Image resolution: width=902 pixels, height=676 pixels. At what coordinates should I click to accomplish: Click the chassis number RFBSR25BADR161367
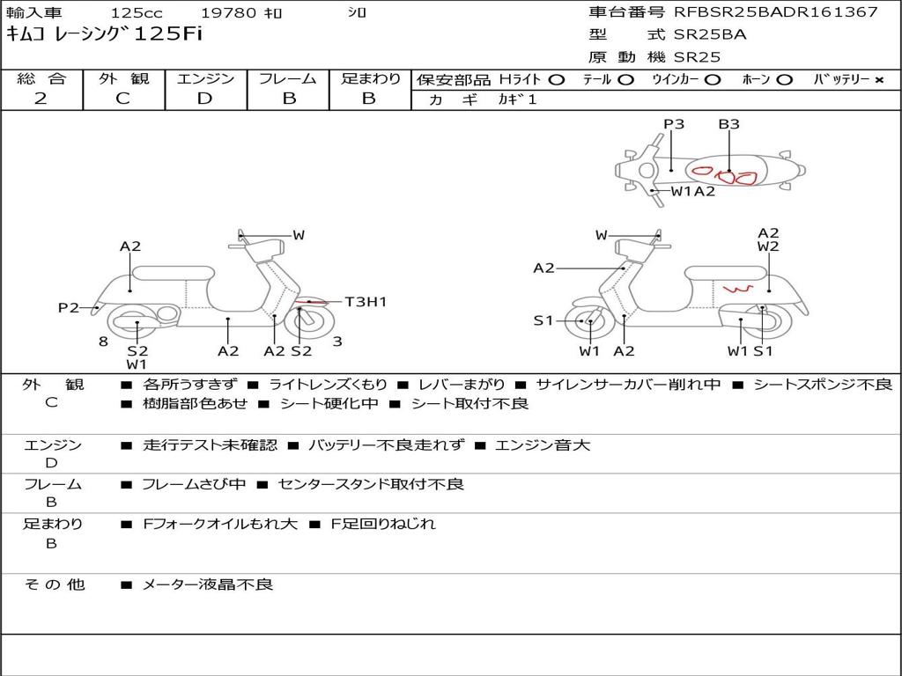pyautogui.click(x=776, y=12)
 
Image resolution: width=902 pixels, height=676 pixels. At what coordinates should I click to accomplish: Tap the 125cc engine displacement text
pyautogui.click(x=136, y=13)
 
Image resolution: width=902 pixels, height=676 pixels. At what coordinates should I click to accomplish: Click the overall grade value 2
pyautogui.click(x=41, y=99)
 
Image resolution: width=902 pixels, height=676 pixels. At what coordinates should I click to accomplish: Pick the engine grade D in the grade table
pyautogui.click(x=204, y=99)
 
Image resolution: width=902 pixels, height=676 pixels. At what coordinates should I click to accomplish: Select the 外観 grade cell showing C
pyautogui.click(x=122, y=99)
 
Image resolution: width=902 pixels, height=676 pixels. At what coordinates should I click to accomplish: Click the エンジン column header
pyautogui.click(x=205, y=79)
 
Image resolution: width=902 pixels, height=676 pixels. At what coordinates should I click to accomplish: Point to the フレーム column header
pyautogui.click(x=288, y=79)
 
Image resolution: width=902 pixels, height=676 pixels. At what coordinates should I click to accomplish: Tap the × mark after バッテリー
pyautogui.click(x=878, y=80)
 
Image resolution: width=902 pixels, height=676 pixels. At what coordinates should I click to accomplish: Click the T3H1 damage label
pyautogui.click(x=366, y=302)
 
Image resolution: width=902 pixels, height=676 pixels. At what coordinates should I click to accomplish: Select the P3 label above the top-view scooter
pyautogui.click(x=674, y=124)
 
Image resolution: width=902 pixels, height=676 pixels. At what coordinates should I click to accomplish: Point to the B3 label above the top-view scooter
pyautogui.click(x=728, y=124)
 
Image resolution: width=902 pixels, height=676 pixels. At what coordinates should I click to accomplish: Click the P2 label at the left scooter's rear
pyautogui.click(x=69, y=307)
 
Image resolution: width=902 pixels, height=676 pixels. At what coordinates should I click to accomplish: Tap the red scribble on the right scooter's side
pyautogui.click(x=736, y=290)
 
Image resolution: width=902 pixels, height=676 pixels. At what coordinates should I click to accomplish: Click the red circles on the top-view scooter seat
pyautogui.click(x=724, y=174)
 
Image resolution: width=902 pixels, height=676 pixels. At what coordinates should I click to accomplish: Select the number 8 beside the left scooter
pyautogui.click(x=103, y=342)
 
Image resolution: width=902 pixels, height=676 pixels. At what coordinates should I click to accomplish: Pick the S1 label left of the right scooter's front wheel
pyautogui.click(x=543, y=321)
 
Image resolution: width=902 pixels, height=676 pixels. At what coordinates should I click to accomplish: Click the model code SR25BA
pyautogui.click(x=710, y=34)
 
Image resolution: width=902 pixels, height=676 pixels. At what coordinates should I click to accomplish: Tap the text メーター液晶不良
pyautogui.click(x=208, y=584)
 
